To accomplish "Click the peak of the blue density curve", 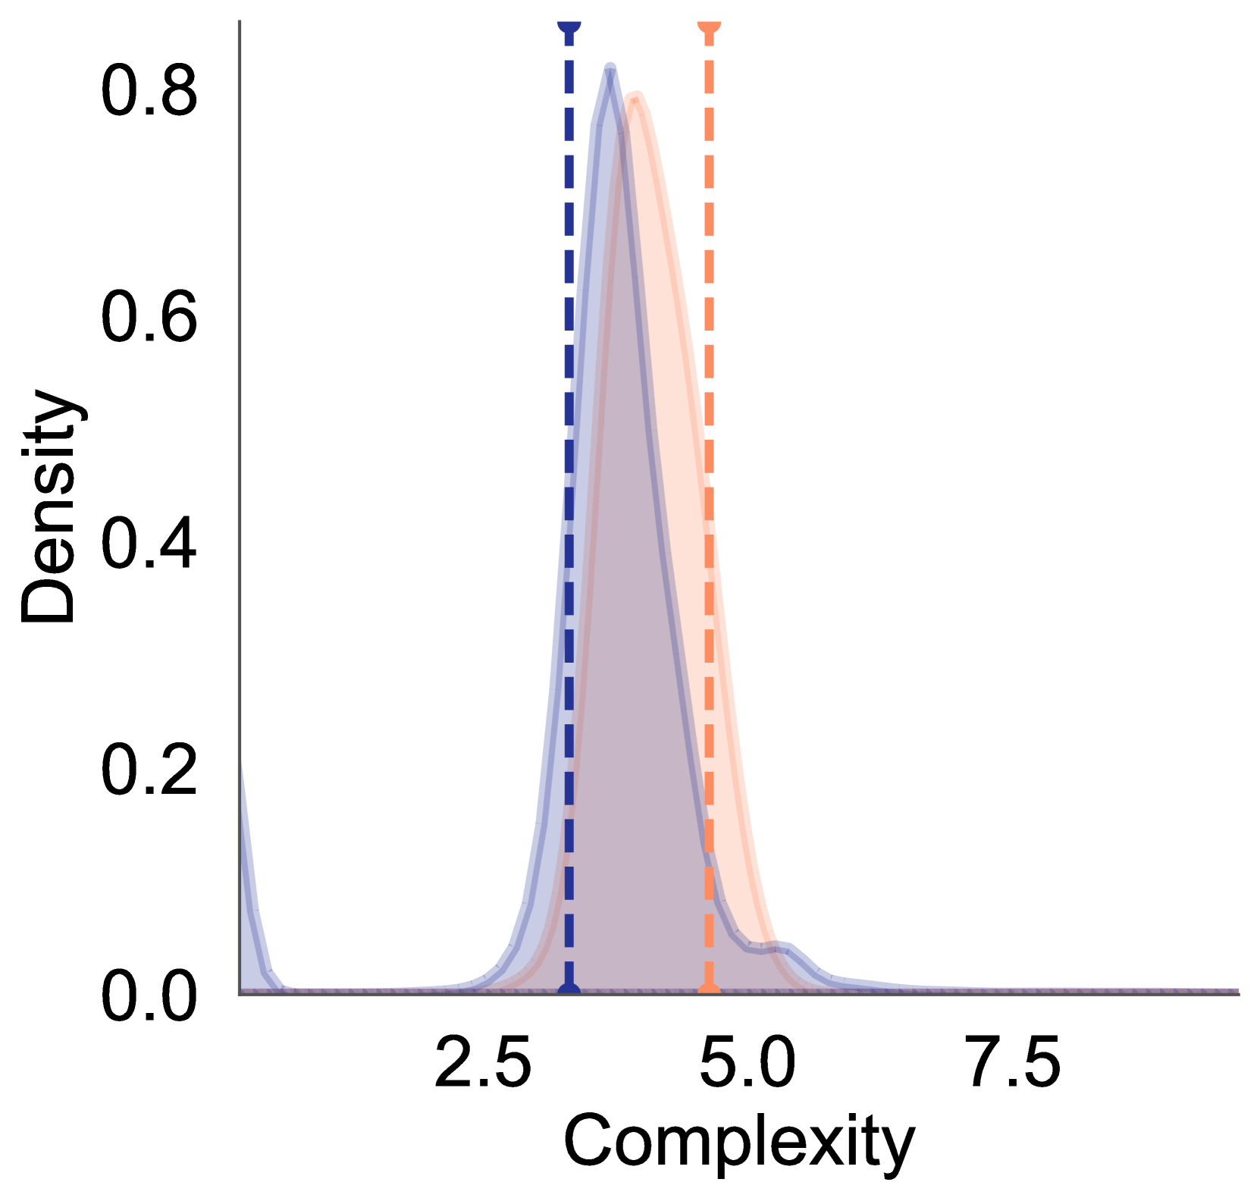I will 610,67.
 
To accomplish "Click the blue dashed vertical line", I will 569,227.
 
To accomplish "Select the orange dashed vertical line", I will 709,227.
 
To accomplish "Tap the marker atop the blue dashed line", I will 569,25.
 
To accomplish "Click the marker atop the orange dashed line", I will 709,25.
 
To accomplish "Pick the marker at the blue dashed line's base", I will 569,989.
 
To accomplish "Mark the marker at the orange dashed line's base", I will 709,989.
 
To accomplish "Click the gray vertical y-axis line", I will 240,455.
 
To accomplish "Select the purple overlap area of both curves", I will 629,682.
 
